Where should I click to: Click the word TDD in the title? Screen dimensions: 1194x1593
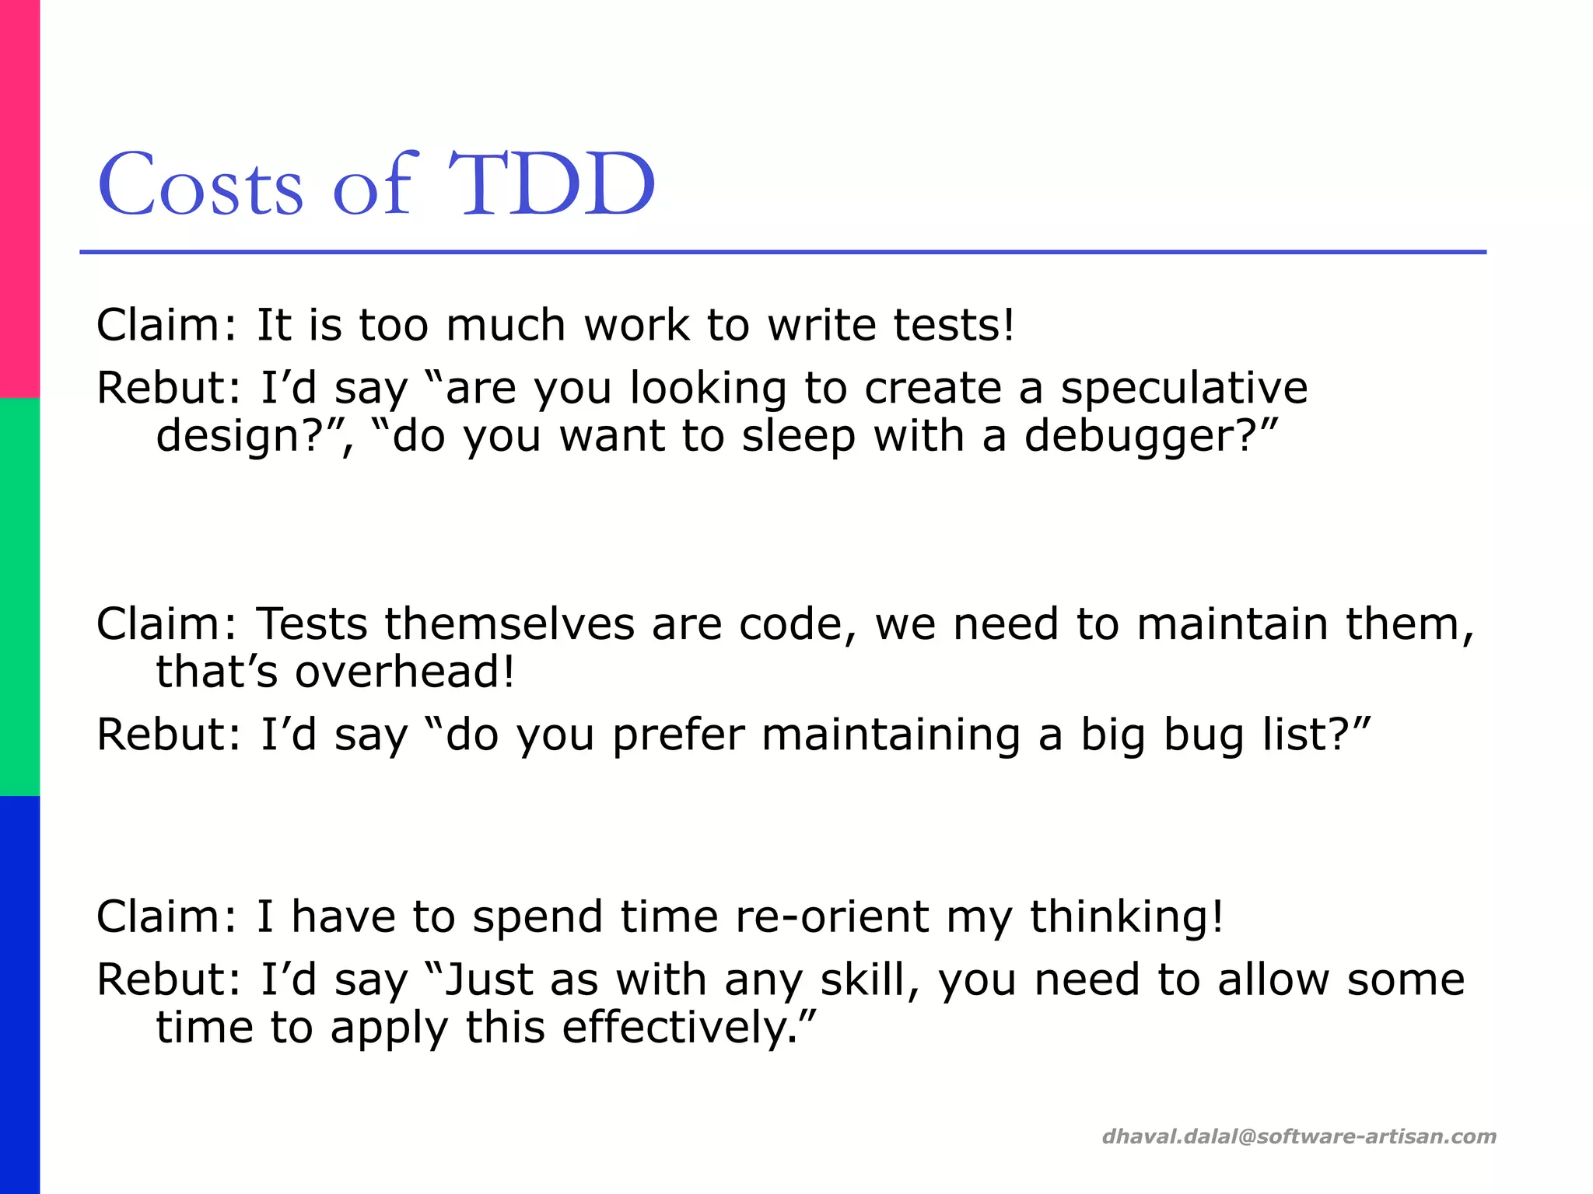point(552,185)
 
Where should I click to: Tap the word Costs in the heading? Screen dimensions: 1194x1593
point(200,185)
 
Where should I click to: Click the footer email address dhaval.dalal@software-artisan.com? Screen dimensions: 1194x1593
point(1299,1136)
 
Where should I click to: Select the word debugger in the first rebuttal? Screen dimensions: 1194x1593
point(1128,437)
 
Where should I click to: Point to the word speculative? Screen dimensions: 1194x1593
point(1184,388)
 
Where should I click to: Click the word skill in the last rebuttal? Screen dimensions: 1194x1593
point(863,979)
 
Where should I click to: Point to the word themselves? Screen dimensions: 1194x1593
point(509,624)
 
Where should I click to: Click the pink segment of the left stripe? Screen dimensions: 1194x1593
point(19,198)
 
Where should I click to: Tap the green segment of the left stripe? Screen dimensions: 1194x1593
point(19,597)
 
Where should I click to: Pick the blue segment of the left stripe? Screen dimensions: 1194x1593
point(19,995)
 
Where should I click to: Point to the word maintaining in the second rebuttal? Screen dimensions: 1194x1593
point(891,735)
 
